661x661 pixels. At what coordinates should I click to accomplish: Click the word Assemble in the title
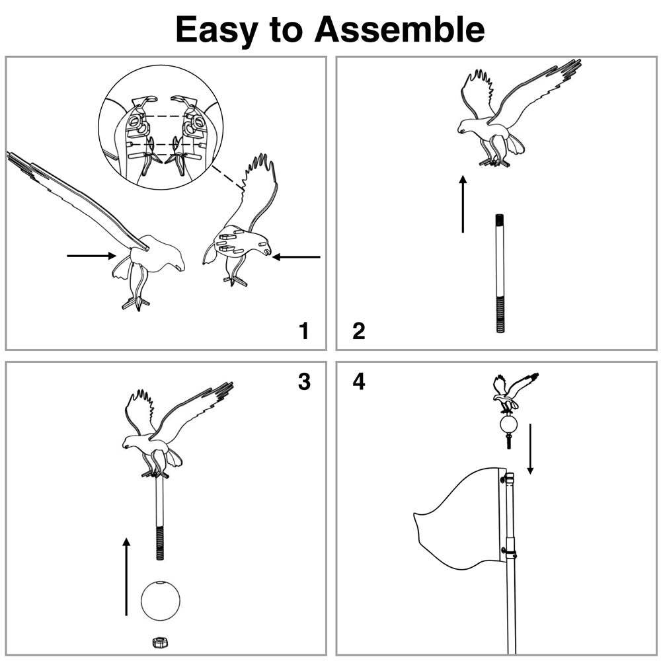tap(399, 30)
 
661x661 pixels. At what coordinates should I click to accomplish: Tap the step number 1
tap(303, 330)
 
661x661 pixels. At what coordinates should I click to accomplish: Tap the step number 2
tap(358, 330)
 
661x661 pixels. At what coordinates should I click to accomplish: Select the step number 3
tap(303, 381)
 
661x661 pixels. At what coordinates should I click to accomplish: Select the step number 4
tap(358, 381)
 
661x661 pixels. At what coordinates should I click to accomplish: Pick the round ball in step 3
tap(160, 600)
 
